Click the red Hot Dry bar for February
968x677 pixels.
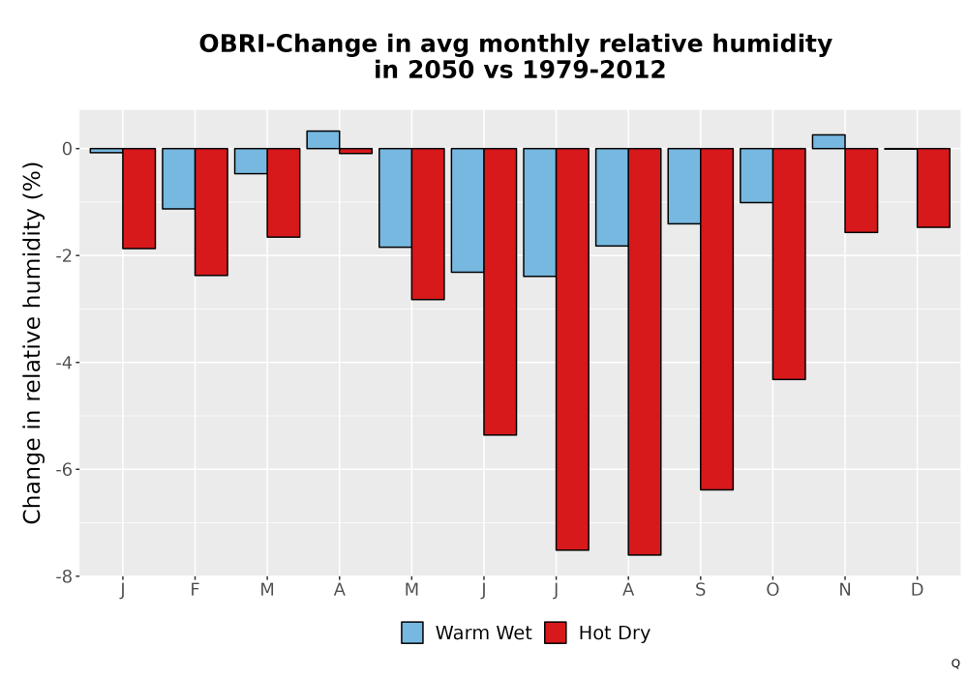(x=211, y=212)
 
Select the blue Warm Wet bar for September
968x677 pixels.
(x=684, y=186)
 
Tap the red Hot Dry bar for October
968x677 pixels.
(x=789, y=263)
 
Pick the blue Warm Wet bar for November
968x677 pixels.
(x=829, y=141)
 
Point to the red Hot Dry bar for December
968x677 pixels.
(x=933, y=188)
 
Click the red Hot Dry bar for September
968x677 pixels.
(x=716, y=319)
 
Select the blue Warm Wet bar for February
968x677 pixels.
(x=179, y=178)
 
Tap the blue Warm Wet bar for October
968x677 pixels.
(x=756, y=175)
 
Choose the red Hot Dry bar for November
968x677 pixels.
(x=862, y=190)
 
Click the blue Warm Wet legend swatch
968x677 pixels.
(x=412, y=633)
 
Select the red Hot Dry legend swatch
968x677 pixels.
(x=556, y=633)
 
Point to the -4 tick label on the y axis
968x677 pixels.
(x=64, y=363)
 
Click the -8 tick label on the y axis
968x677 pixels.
(x=64, y=576)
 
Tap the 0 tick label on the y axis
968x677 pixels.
(x=68, y=149)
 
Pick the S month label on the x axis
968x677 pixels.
(x=700, y=590)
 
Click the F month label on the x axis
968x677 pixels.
(x=196, y=590)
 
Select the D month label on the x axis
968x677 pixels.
(x=918, y=590)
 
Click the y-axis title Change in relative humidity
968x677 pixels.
(x=32, y=342)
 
